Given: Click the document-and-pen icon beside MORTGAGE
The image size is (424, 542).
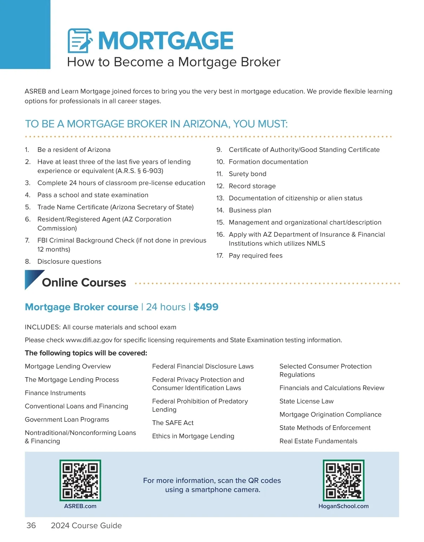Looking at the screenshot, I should (80, 41).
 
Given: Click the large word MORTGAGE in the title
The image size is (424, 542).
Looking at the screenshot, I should (165, 41).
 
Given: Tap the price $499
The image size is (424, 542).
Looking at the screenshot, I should (206, 307).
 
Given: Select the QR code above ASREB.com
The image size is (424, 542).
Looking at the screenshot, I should (80, 480).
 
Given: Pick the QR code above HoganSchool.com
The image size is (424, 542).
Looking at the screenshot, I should (343, 480).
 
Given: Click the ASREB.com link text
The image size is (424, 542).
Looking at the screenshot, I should (80, 506).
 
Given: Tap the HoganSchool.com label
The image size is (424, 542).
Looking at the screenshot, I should (343, 506).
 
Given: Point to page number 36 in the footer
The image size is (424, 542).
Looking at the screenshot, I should (31, 525).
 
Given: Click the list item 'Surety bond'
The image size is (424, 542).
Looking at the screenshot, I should (247, 174).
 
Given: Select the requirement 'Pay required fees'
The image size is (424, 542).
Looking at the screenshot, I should (255, 256).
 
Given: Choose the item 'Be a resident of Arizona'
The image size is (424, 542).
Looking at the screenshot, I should (74, 150).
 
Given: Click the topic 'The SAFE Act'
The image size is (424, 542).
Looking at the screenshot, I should (173, 423).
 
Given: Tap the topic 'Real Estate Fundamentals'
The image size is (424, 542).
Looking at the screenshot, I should (318, 441).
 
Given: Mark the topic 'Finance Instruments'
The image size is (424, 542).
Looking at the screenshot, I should (55, 393).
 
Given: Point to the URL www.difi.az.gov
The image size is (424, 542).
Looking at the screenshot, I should (89, 340).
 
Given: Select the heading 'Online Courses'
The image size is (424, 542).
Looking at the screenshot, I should (84, 282).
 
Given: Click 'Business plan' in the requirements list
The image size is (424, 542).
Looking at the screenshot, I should (250, 210).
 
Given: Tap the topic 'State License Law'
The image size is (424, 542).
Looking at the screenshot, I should (306, 401).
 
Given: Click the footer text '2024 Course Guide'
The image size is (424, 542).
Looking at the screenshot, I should (86, 525).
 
